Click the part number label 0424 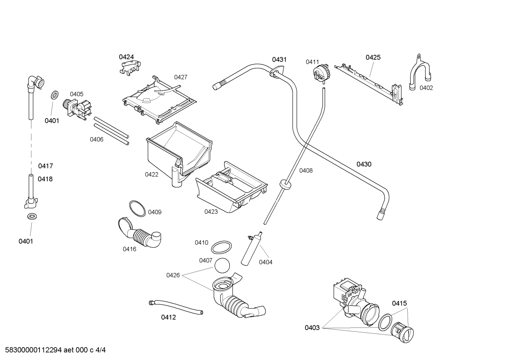pyautogui.click(x=126, y=57)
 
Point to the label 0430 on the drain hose pyautogui.click(x=364, y=164)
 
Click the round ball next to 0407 pyautogui.click(x=222, y=265)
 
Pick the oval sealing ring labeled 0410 pyautogui.click(x=221, y=247)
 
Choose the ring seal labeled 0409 pyautogui.click(x=137, y=208)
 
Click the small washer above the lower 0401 pyautogui.click(x=32, y=216)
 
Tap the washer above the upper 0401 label pyautogui.click(x=54, y=95)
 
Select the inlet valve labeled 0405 pyautogui.click(x=77, y=108)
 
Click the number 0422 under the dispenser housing pyautogui.click(x=151, y=175)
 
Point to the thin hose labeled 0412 pyautogui.click(x=176, y=307)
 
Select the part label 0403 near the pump pyautogui.click(x=312, y=328)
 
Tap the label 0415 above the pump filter pyautogui.click(x=399, y=303)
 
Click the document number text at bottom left pyautogui.click(x=55, y=350)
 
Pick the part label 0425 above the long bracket pyautogui.click(x=373, y=57)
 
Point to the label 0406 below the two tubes pyautogui.click(x=97, y=140)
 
